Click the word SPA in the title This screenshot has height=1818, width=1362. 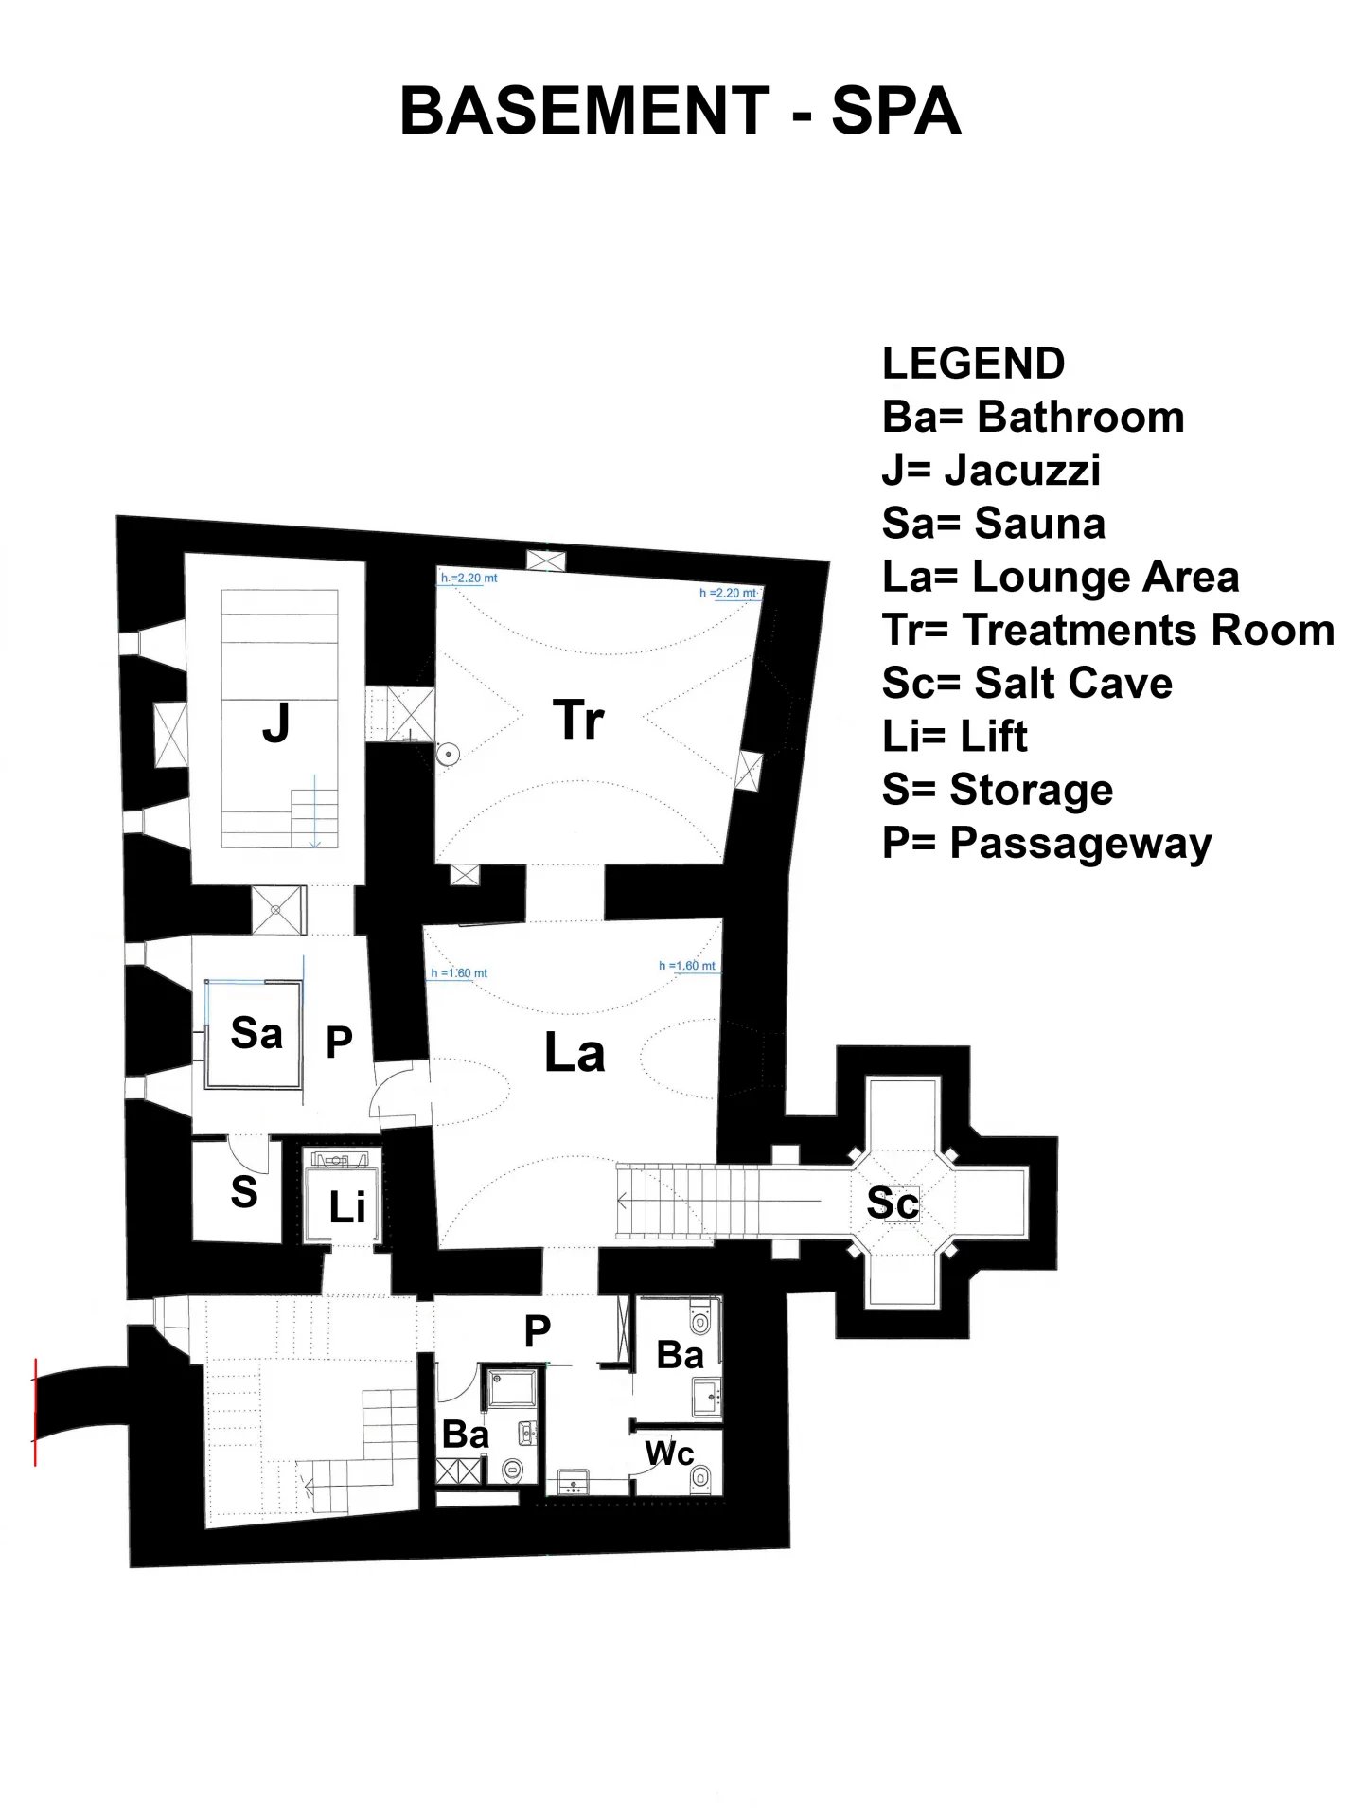click(x=895, y=112)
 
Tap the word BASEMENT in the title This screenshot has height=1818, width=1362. click(x=584, y=112)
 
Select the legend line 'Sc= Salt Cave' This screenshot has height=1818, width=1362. click(x=1027, y=683)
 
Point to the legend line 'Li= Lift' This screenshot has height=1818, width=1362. click(x=954, y=737)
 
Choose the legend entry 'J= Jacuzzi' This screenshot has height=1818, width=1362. click(x=991, y=470)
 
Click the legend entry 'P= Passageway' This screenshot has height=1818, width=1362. click(x=1047, y=843)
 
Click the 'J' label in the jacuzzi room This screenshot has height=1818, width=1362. click(x=275, y=724)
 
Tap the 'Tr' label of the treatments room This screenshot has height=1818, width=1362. click(x=578, y=720)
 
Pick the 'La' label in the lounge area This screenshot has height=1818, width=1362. click(x=575, y=1053)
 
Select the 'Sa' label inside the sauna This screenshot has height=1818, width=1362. click(x=256, y=1032)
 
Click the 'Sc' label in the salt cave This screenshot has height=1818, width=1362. click(x=893, y=1203)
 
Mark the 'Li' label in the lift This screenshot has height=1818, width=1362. click(x=346, y=1207)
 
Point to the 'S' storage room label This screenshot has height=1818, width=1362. click(x=243, y=1191)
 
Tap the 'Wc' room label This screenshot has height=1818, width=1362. click(x=669, y=1453)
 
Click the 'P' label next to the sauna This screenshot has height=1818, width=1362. click(x=339, y=1043)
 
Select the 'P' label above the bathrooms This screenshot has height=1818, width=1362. click(x=537, y=1331)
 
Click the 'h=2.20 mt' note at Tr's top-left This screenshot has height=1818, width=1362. click(x=469, y=578)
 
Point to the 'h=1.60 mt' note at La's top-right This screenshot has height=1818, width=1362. click(x=687, y=966)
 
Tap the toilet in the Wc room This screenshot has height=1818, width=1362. click(x=701, y=1476)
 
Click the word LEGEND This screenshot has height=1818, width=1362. click(x=973, y=364)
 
